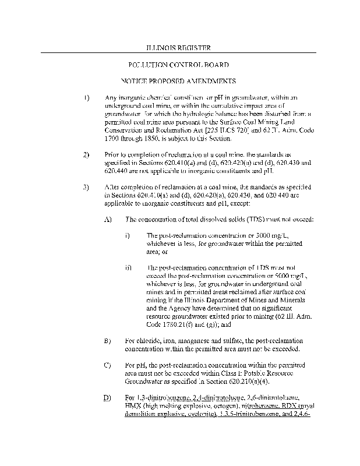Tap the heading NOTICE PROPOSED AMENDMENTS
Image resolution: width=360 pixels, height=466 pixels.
pos(178,80)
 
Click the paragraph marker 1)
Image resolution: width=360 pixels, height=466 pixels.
pos(87,97)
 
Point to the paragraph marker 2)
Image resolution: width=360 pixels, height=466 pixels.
pos(87,154)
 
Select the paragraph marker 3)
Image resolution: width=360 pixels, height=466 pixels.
pos(87,187)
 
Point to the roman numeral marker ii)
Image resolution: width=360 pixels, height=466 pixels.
pos(128,268)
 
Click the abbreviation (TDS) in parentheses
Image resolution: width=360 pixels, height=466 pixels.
pos(246,219)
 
